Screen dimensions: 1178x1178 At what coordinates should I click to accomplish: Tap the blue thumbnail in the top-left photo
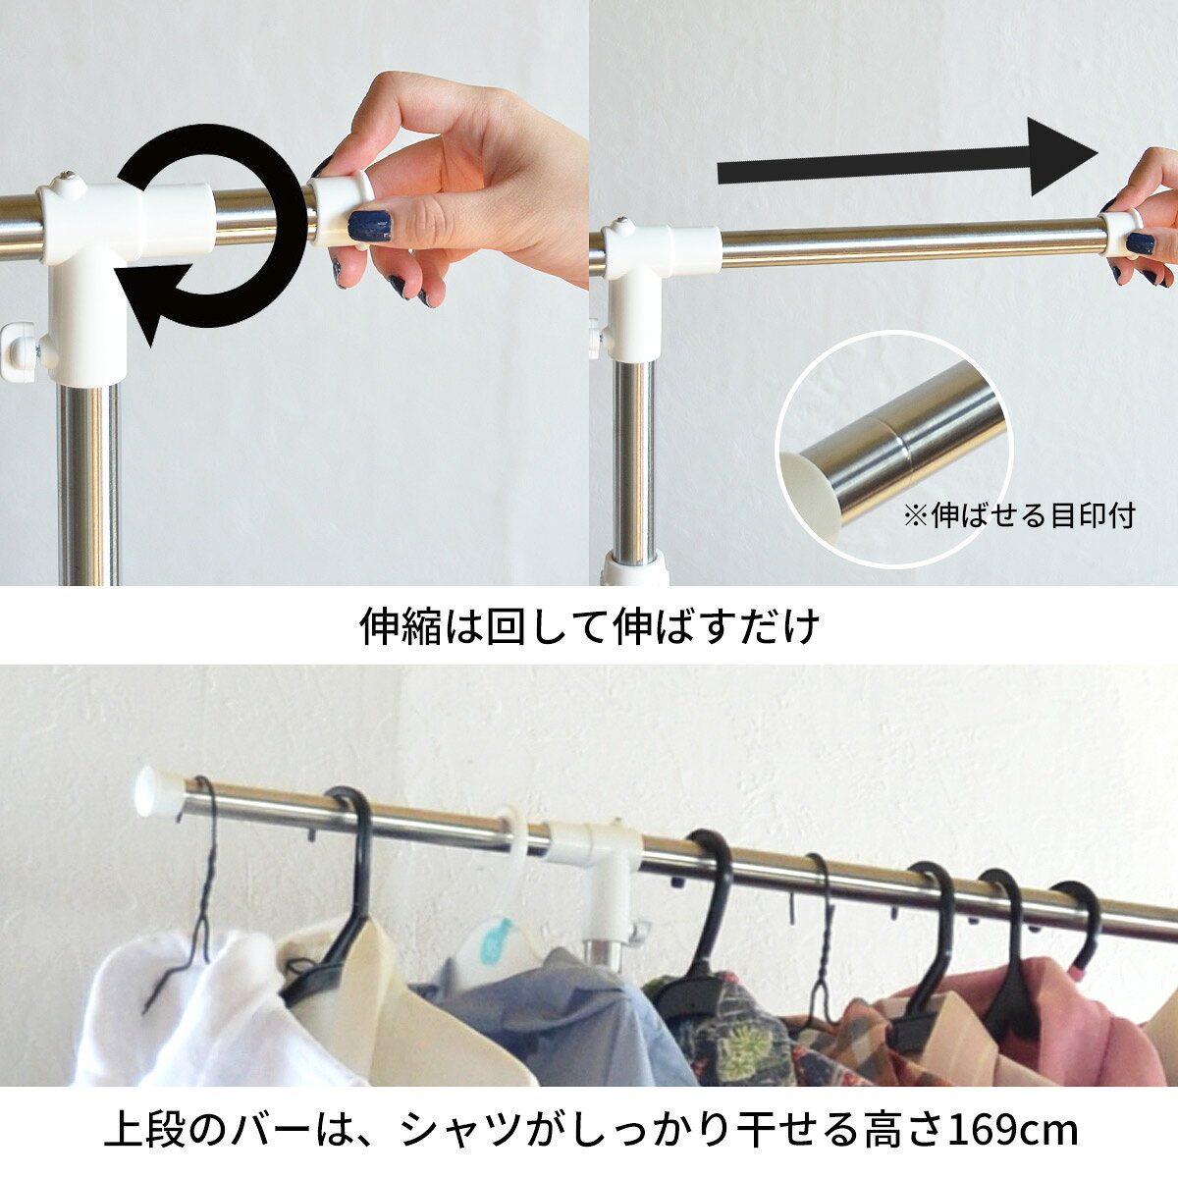(x=369, y=226)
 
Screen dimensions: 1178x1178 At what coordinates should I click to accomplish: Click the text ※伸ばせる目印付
(x=1019, y=515)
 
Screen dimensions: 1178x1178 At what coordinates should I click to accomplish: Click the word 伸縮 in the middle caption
(x=400, y=626)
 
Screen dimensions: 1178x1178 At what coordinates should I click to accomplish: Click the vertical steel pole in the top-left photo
(x=89, y=484)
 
